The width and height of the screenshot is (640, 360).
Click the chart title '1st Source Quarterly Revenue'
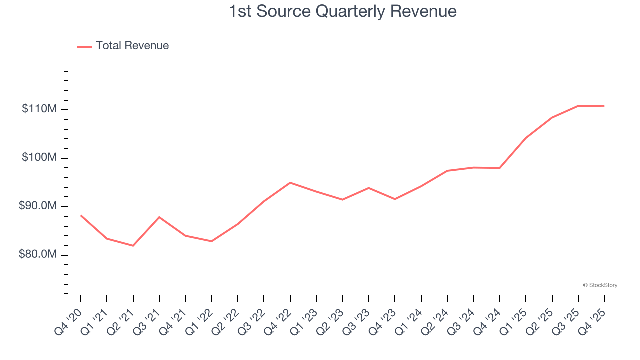[342, 11]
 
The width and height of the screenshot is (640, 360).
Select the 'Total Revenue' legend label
[132, 46]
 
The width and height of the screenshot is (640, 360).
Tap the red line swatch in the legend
[85, 46]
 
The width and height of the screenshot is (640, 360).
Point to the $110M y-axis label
[39, 109]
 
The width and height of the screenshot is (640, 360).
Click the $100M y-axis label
[39, 158]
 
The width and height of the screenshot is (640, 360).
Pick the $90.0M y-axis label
[38, 206]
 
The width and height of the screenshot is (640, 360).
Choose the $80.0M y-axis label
[38, 255]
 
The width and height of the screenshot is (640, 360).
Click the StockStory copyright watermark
[600, 285]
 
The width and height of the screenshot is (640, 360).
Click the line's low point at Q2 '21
[133, 246]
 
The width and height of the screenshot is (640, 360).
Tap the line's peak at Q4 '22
[290, 183]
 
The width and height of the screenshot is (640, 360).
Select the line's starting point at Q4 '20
[81, 215]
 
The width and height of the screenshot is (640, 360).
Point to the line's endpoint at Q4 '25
[604, 106]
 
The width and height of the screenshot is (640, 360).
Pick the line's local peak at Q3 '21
[159, 217]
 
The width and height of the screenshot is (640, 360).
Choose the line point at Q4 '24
[500, 168]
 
